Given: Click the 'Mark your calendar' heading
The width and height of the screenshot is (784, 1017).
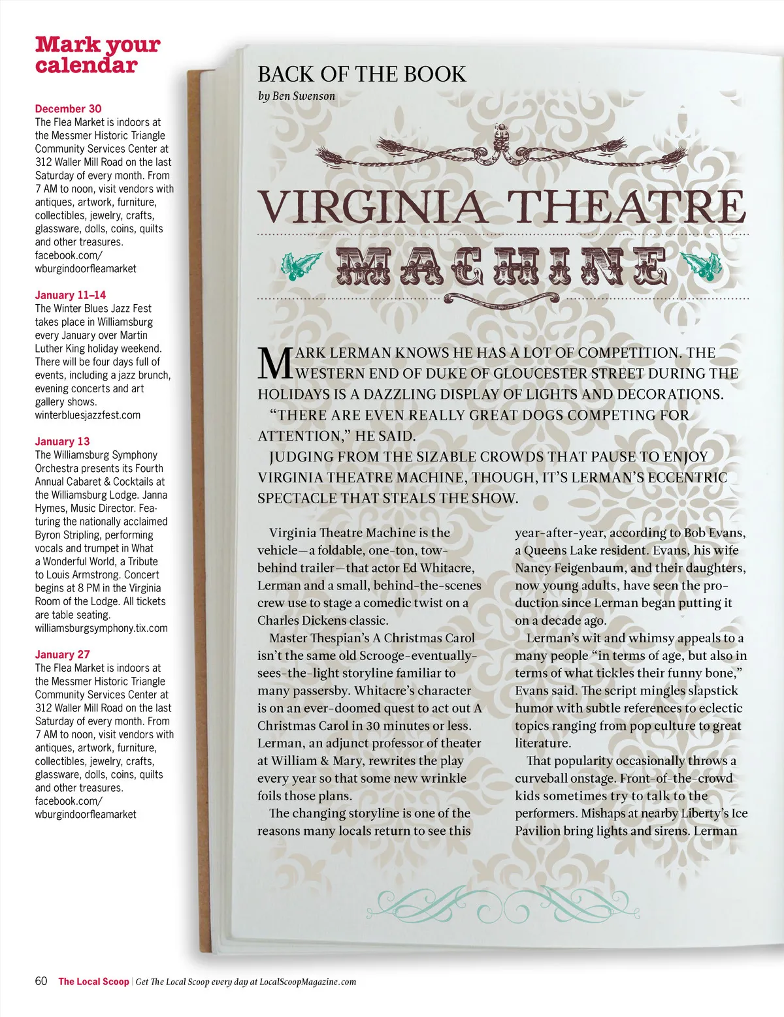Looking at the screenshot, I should pos(97,55).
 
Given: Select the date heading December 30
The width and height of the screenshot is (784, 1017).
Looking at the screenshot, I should pos(69,109).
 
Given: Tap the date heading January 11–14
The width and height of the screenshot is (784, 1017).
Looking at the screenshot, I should pos(71,295).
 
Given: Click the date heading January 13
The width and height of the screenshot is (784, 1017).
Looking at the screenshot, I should pos(63,441).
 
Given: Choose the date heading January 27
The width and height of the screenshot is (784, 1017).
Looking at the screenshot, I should pos(63,654).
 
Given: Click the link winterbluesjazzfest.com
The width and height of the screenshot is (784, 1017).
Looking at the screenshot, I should pos(88,415).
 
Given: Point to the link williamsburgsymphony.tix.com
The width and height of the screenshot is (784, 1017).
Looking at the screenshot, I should pos(101,628).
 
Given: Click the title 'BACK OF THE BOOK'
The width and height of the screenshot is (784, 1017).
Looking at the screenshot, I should pos(362,74).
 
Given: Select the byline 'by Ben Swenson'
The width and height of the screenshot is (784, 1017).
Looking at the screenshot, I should pos(297,96).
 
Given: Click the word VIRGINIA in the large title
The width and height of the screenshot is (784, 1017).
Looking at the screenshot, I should pos(372,207).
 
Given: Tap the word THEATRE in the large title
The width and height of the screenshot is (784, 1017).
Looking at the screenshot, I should pos(627,207).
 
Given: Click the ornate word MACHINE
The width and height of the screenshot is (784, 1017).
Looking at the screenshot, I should pos(502,267).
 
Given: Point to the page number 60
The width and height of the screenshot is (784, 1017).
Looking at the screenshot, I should pos(41,981).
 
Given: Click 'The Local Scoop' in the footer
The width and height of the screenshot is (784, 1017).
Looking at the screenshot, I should pos(93,982).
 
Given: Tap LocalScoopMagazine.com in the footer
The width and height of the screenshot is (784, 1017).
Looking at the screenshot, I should pos(308,982).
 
